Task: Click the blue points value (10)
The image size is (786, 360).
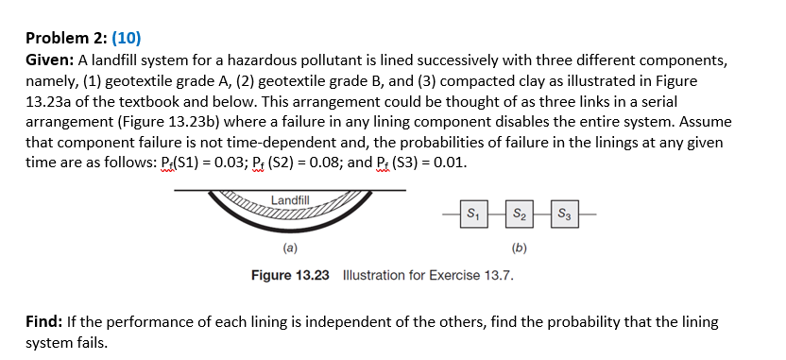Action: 127,39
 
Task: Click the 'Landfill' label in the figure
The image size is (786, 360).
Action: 289,199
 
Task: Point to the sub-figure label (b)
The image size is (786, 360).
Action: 518,249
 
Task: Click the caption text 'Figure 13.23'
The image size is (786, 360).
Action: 290,275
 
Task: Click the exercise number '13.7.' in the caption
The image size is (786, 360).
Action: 498,275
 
